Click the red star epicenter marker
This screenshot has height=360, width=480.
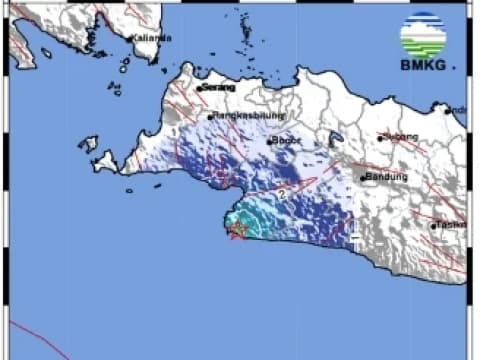237,231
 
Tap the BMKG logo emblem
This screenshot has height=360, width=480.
423,36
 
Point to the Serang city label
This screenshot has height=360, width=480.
220,87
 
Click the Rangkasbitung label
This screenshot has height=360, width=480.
245,115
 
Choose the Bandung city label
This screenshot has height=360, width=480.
387,177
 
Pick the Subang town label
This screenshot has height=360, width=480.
402,136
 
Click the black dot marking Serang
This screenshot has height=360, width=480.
200,88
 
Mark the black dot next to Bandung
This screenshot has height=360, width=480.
363,178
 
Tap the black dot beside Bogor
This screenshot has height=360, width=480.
270,141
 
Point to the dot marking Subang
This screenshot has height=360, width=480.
381,138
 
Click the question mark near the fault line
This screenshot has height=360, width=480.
283,194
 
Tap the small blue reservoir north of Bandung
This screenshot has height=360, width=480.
335,139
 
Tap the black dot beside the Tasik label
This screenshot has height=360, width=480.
434,226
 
